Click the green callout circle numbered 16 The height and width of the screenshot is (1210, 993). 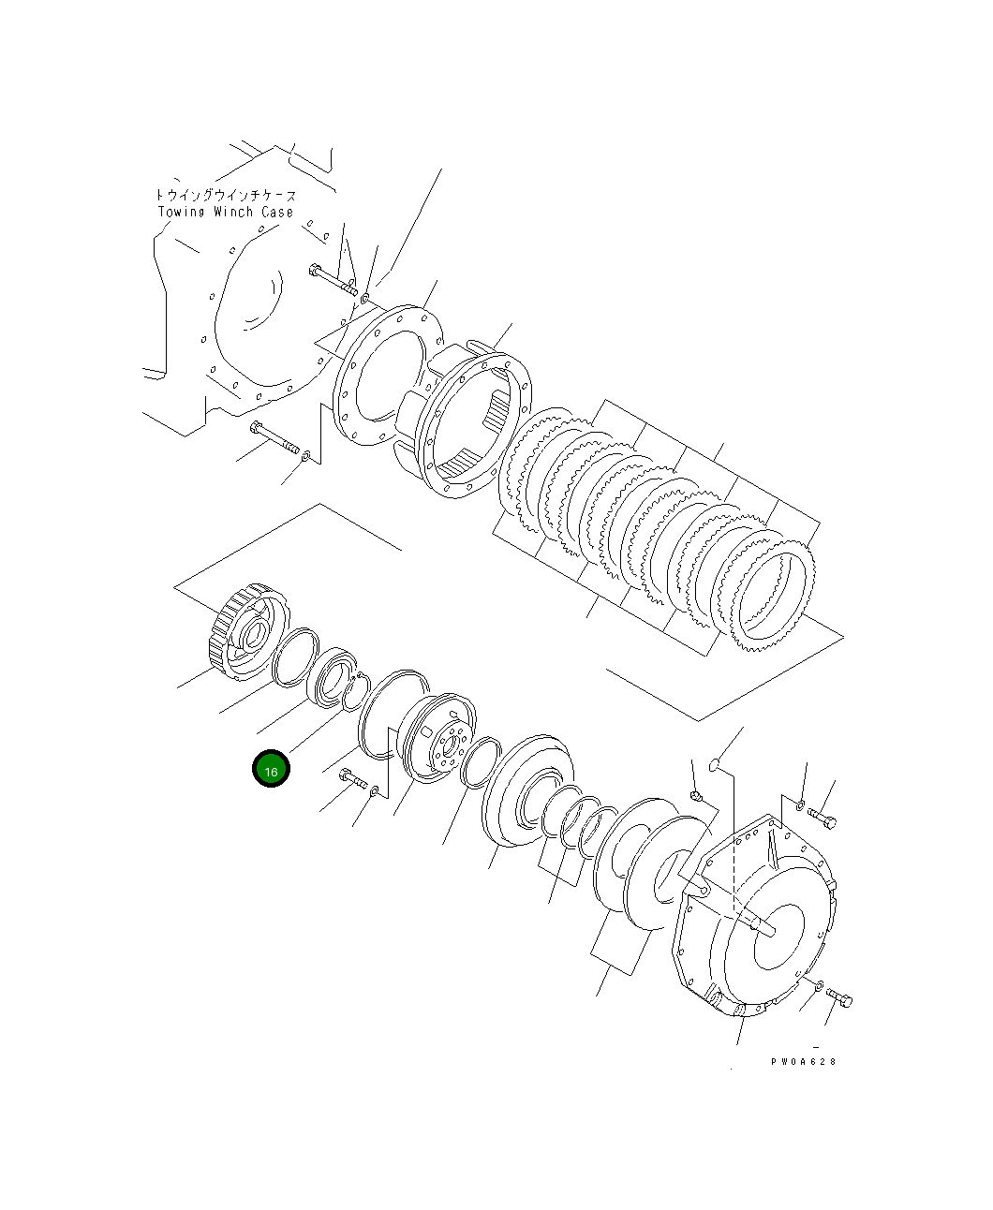(x=271, y=769)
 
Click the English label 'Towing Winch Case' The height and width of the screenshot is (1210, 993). (x=225, y=212)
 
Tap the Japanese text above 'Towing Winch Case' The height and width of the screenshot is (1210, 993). (x=225, y=195)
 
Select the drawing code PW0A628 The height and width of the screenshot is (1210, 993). (x=803, y=1061)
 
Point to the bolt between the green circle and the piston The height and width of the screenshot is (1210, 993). (x=353, y=779)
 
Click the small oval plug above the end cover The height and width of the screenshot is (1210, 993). (x=714, y=765)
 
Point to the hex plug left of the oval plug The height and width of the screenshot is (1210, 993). (x=695, y=795)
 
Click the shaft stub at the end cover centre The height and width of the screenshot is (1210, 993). (x=761, y=925)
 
